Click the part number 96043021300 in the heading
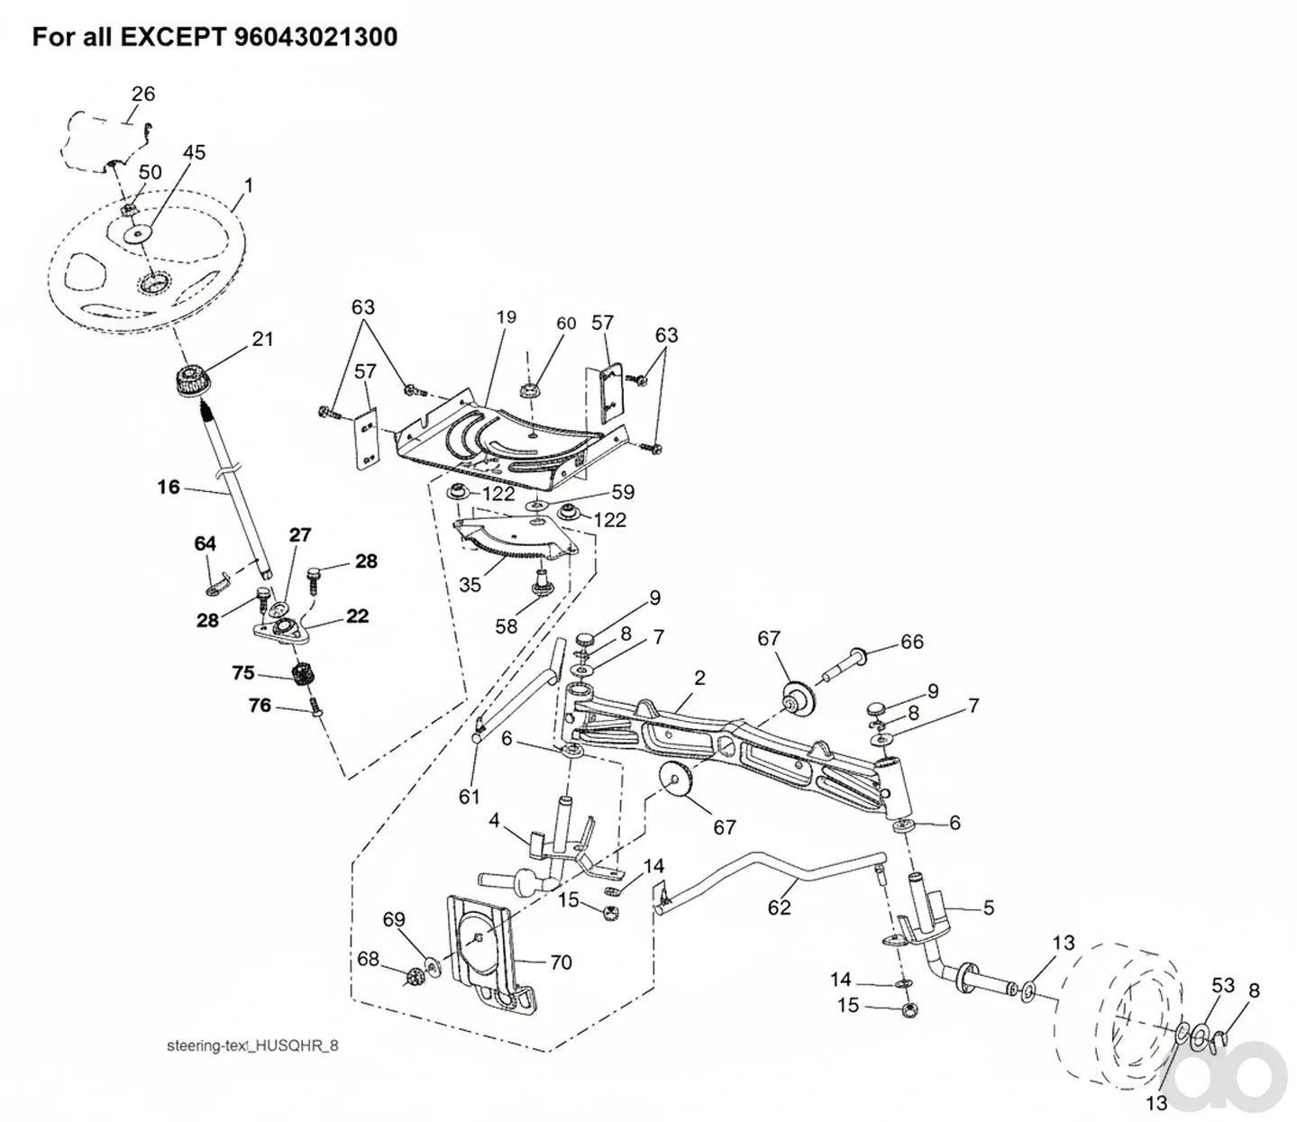tap(315, 37)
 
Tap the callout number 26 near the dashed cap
tap(143, 94)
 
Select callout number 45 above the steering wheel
tap(194, 152)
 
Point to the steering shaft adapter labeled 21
tap(191, 379)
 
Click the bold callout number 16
tap(169, 487)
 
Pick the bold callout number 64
tap(206, 543)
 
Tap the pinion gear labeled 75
tap(304, 675)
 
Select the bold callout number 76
tap(260, 706)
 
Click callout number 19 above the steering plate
tap(506, 317)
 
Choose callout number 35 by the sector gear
tap(470, 585)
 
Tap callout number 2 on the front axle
tap(699, 678)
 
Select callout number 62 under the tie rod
tap(779, 908)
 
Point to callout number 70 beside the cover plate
tap(561, 962)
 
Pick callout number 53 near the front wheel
tap(1223, 986)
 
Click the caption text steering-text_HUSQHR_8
tap(252, 1046)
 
